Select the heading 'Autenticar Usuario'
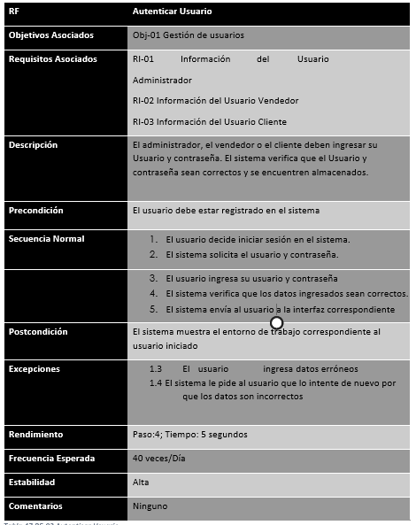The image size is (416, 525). tap(171, 12)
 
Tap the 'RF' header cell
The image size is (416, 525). tap(13, 12)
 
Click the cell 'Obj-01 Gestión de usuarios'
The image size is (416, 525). tap(188, 35)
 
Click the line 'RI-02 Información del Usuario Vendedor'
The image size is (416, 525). tap(215, 101)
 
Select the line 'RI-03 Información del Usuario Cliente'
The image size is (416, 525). tap(209, 121)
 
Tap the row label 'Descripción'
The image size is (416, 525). tap(33, 144)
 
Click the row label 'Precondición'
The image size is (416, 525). tap(35, 211)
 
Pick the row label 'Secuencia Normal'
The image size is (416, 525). tap(46, 239)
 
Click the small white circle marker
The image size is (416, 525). tap(276, 322)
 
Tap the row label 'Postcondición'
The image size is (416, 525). tap(38, 332)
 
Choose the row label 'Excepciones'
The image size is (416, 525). tap(34, 367)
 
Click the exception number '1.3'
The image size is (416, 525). tap(155, 368)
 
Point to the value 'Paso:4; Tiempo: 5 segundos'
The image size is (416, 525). tap(189, 435)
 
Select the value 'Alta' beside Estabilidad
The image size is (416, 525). tap(141, 483)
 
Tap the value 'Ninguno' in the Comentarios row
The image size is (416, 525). tap(150, 506)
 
